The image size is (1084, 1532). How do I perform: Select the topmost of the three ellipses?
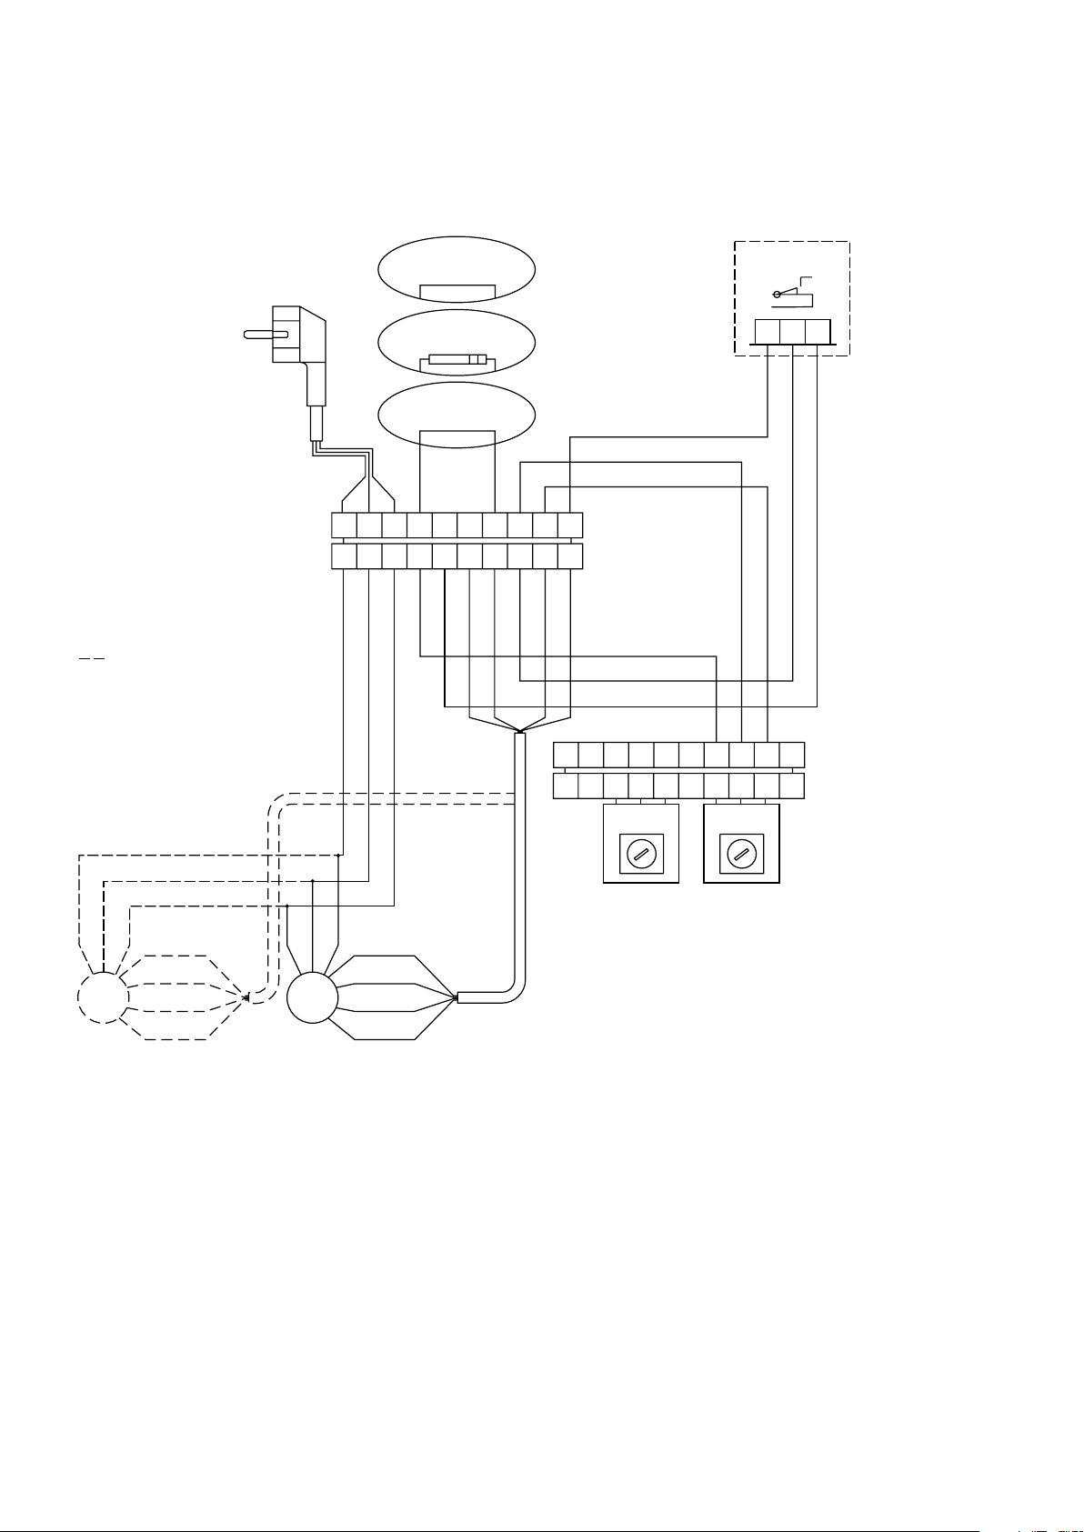tap(457, 268)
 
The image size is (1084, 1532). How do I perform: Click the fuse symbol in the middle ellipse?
tap(458, 359)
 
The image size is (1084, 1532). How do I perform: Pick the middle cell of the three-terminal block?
tap(792, 331)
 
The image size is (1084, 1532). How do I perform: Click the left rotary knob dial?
tap(641, 855)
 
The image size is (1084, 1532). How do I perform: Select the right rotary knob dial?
tap(742, 855)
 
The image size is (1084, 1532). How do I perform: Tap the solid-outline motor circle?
tap(312, 997)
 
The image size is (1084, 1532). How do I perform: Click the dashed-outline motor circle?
tap(103, 997)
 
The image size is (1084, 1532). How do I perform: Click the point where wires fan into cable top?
tap(519, 732)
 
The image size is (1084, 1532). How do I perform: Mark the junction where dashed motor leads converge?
tap(247, 997)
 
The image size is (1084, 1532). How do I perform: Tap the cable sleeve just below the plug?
tap(318, 424)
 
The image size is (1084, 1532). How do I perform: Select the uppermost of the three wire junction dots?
tap(338, 855)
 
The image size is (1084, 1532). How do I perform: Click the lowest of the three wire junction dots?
tap(287, 906)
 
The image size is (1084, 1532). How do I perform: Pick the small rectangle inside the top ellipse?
tap(457, 292)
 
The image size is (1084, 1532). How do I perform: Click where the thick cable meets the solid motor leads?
tap(457, 997)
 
